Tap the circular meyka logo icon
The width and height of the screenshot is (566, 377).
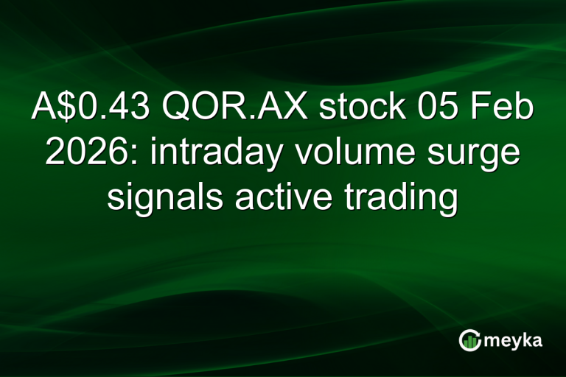click(469, 339)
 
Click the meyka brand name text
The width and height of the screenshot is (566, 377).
click(514, 340)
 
